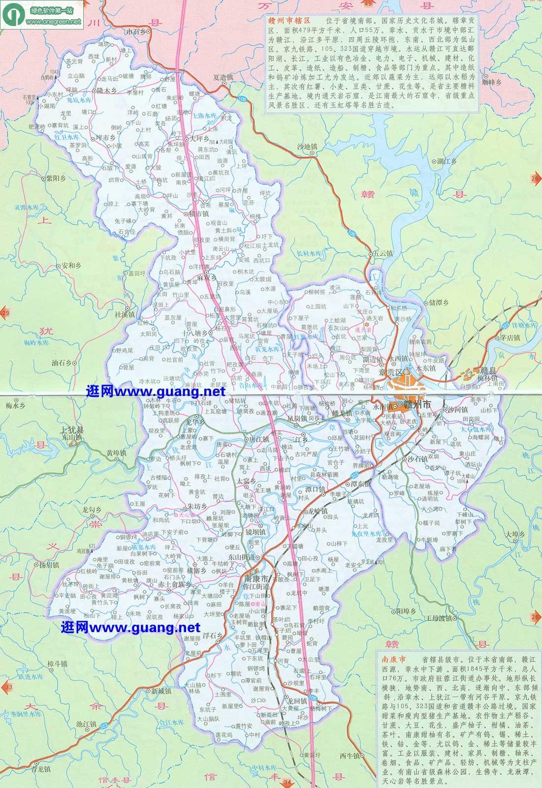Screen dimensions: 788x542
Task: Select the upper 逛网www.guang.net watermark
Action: pyautogui.click(x=156, y=392)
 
